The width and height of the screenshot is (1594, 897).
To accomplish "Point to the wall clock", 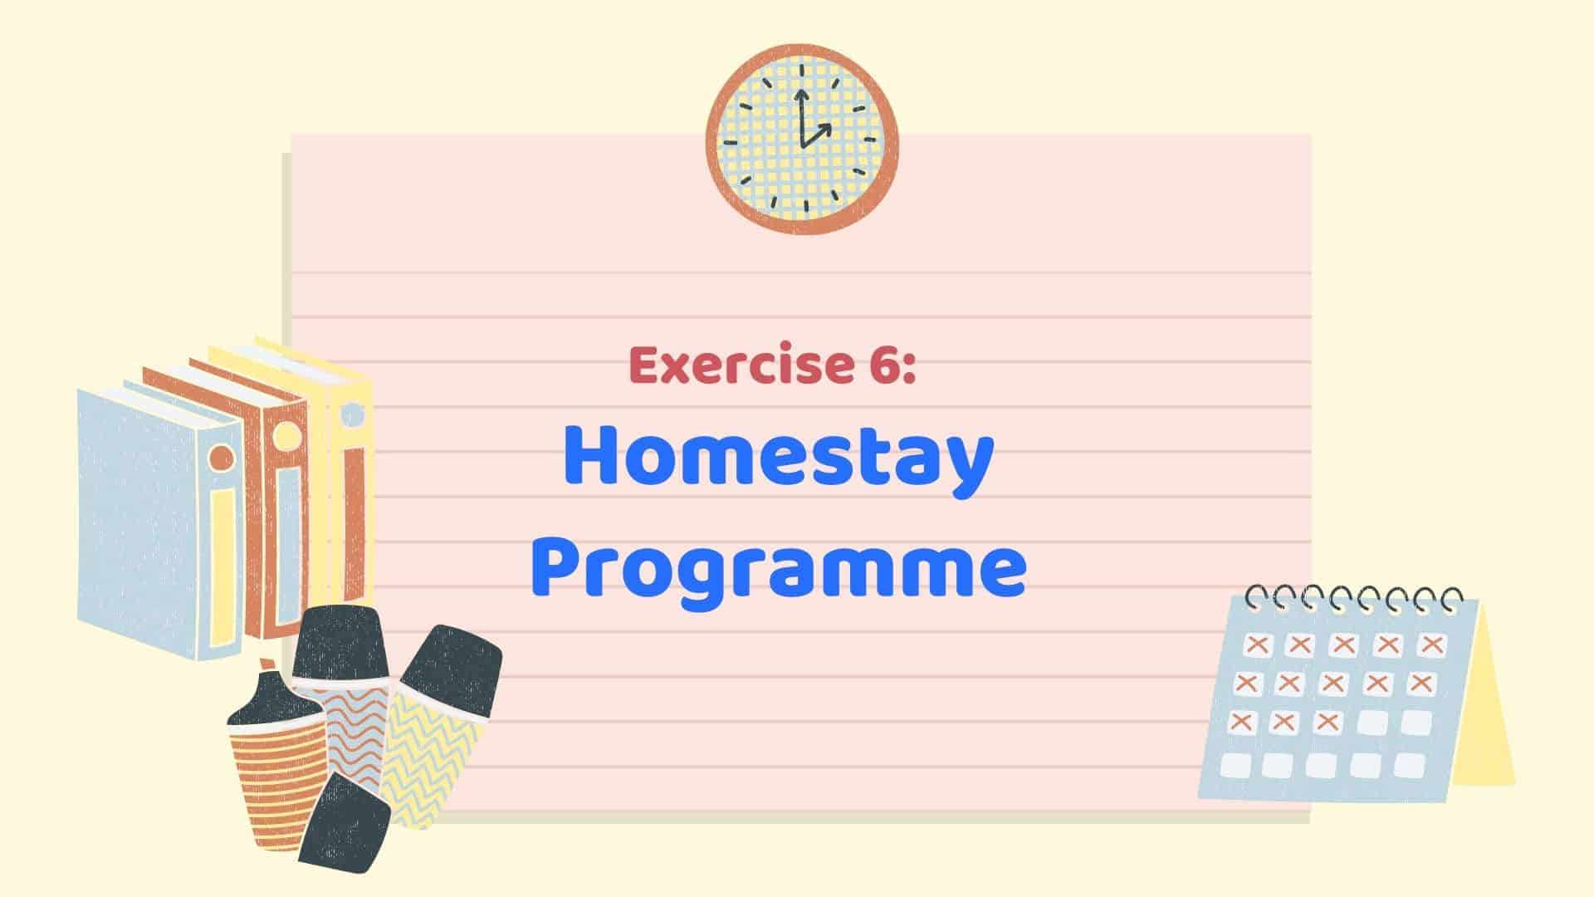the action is tap(802, 139).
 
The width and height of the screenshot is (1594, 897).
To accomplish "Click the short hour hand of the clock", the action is tap(817, 135).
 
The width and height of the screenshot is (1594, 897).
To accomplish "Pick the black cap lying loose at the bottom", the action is tap(345, 823).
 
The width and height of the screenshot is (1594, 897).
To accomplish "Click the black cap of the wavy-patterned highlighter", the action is tap(340, 643).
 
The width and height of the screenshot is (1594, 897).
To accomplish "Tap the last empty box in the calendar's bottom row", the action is tap(1409, 765).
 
